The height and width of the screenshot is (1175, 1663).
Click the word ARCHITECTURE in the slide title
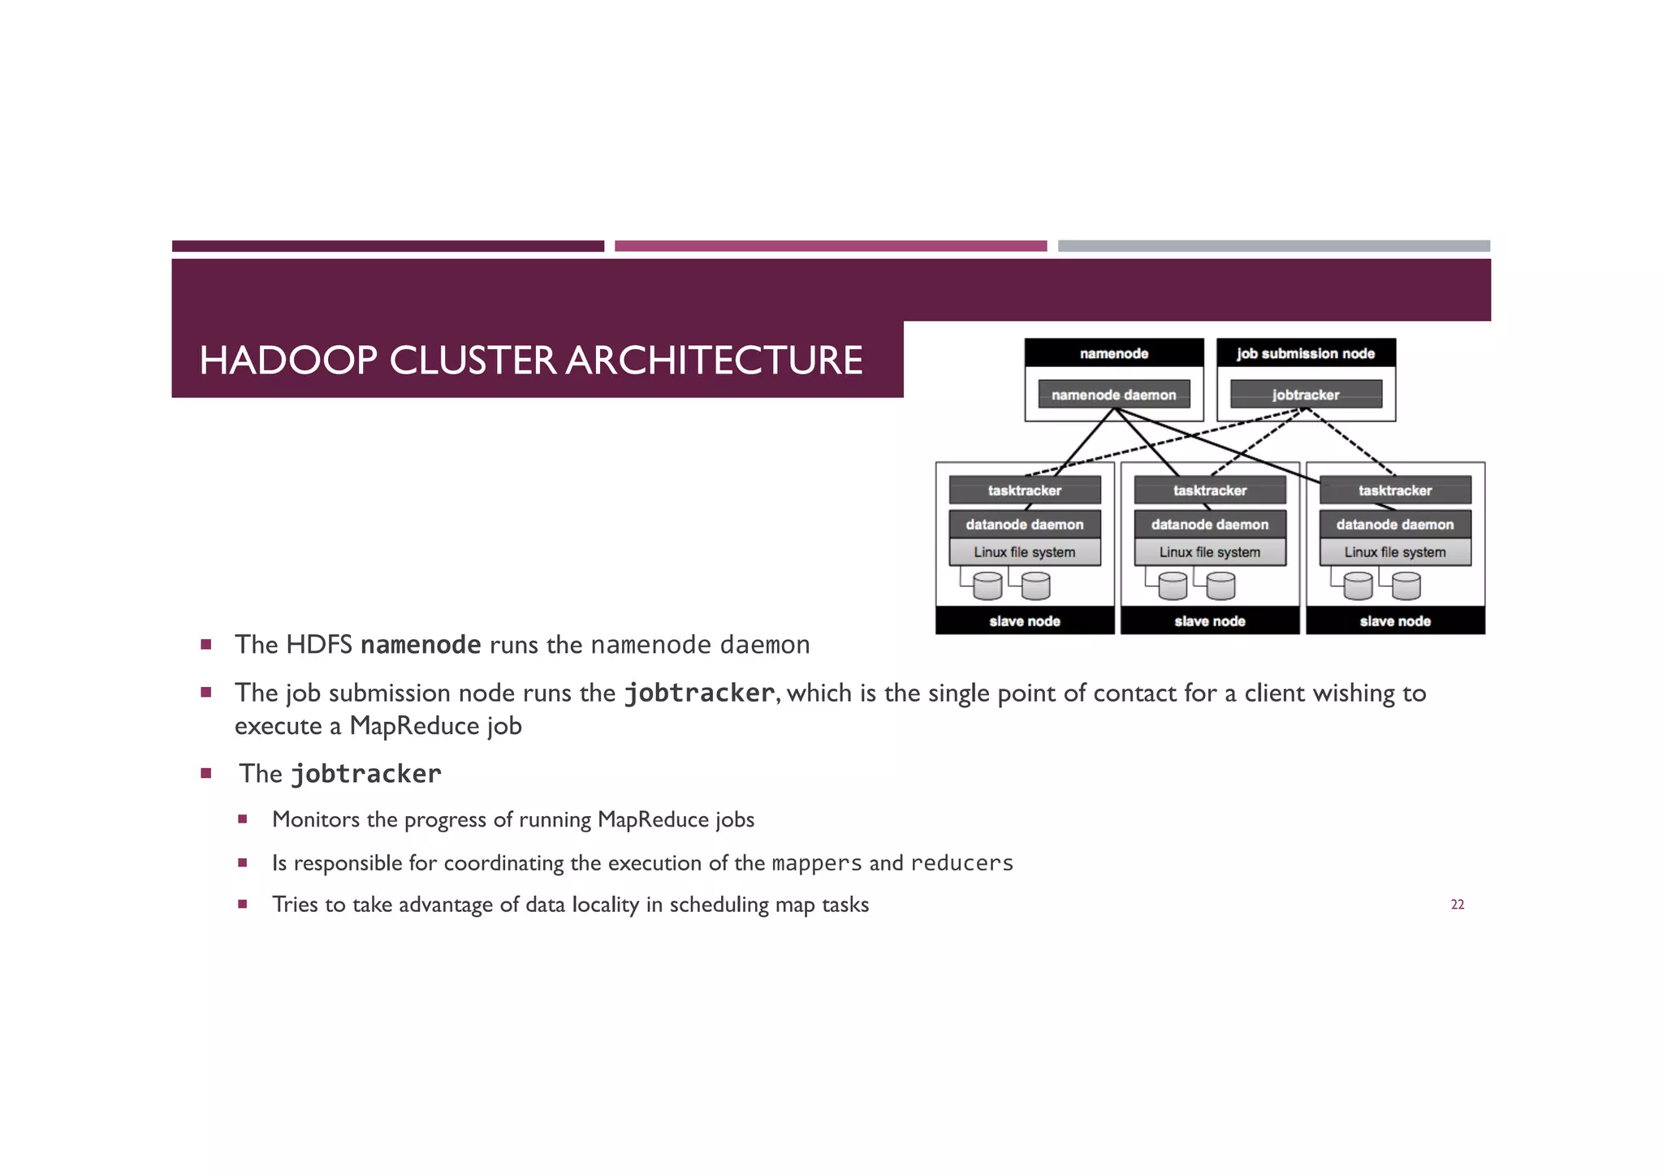tap(714, 361)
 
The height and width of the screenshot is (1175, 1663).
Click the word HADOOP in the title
tap(287, 361)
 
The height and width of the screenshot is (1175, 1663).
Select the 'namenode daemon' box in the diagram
tap(1113, 395)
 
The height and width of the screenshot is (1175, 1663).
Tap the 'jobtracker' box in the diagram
tap(1305, 395)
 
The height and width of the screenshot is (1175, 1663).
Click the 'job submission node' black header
tap(1305, 353)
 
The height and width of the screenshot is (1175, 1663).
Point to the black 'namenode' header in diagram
tap(1113, 353)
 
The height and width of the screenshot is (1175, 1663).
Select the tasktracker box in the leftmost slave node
tap(1024, 490)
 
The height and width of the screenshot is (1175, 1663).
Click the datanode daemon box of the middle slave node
tap(1209, 525)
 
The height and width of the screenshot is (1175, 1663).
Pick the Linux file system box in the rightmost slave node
tap(1394, 552)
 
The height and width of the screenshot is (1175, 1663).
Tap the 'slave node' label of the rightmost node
tap(1394, 621)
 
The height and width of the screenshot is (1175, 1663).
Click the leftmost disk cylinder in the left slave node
tap(987, 585)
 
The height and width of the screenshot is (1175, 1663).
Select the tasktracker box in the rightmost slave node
tap(1394, 490)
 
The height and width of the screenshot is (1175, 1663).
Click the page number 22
tap(1457, 905)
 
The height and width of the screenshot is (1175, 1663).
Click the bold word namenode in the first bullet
tap(420, 645)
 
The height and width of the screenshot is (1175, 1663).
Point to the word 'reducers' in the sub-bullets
tap(961, 863)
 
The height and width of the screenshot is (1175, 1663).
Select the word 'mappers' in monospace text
tap(816, 863)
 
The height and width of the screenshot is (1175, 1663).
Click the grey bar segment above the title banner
tap(1272, 246)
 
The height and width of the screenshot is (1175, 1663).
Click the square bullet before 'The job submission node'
tap(206, 693)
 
